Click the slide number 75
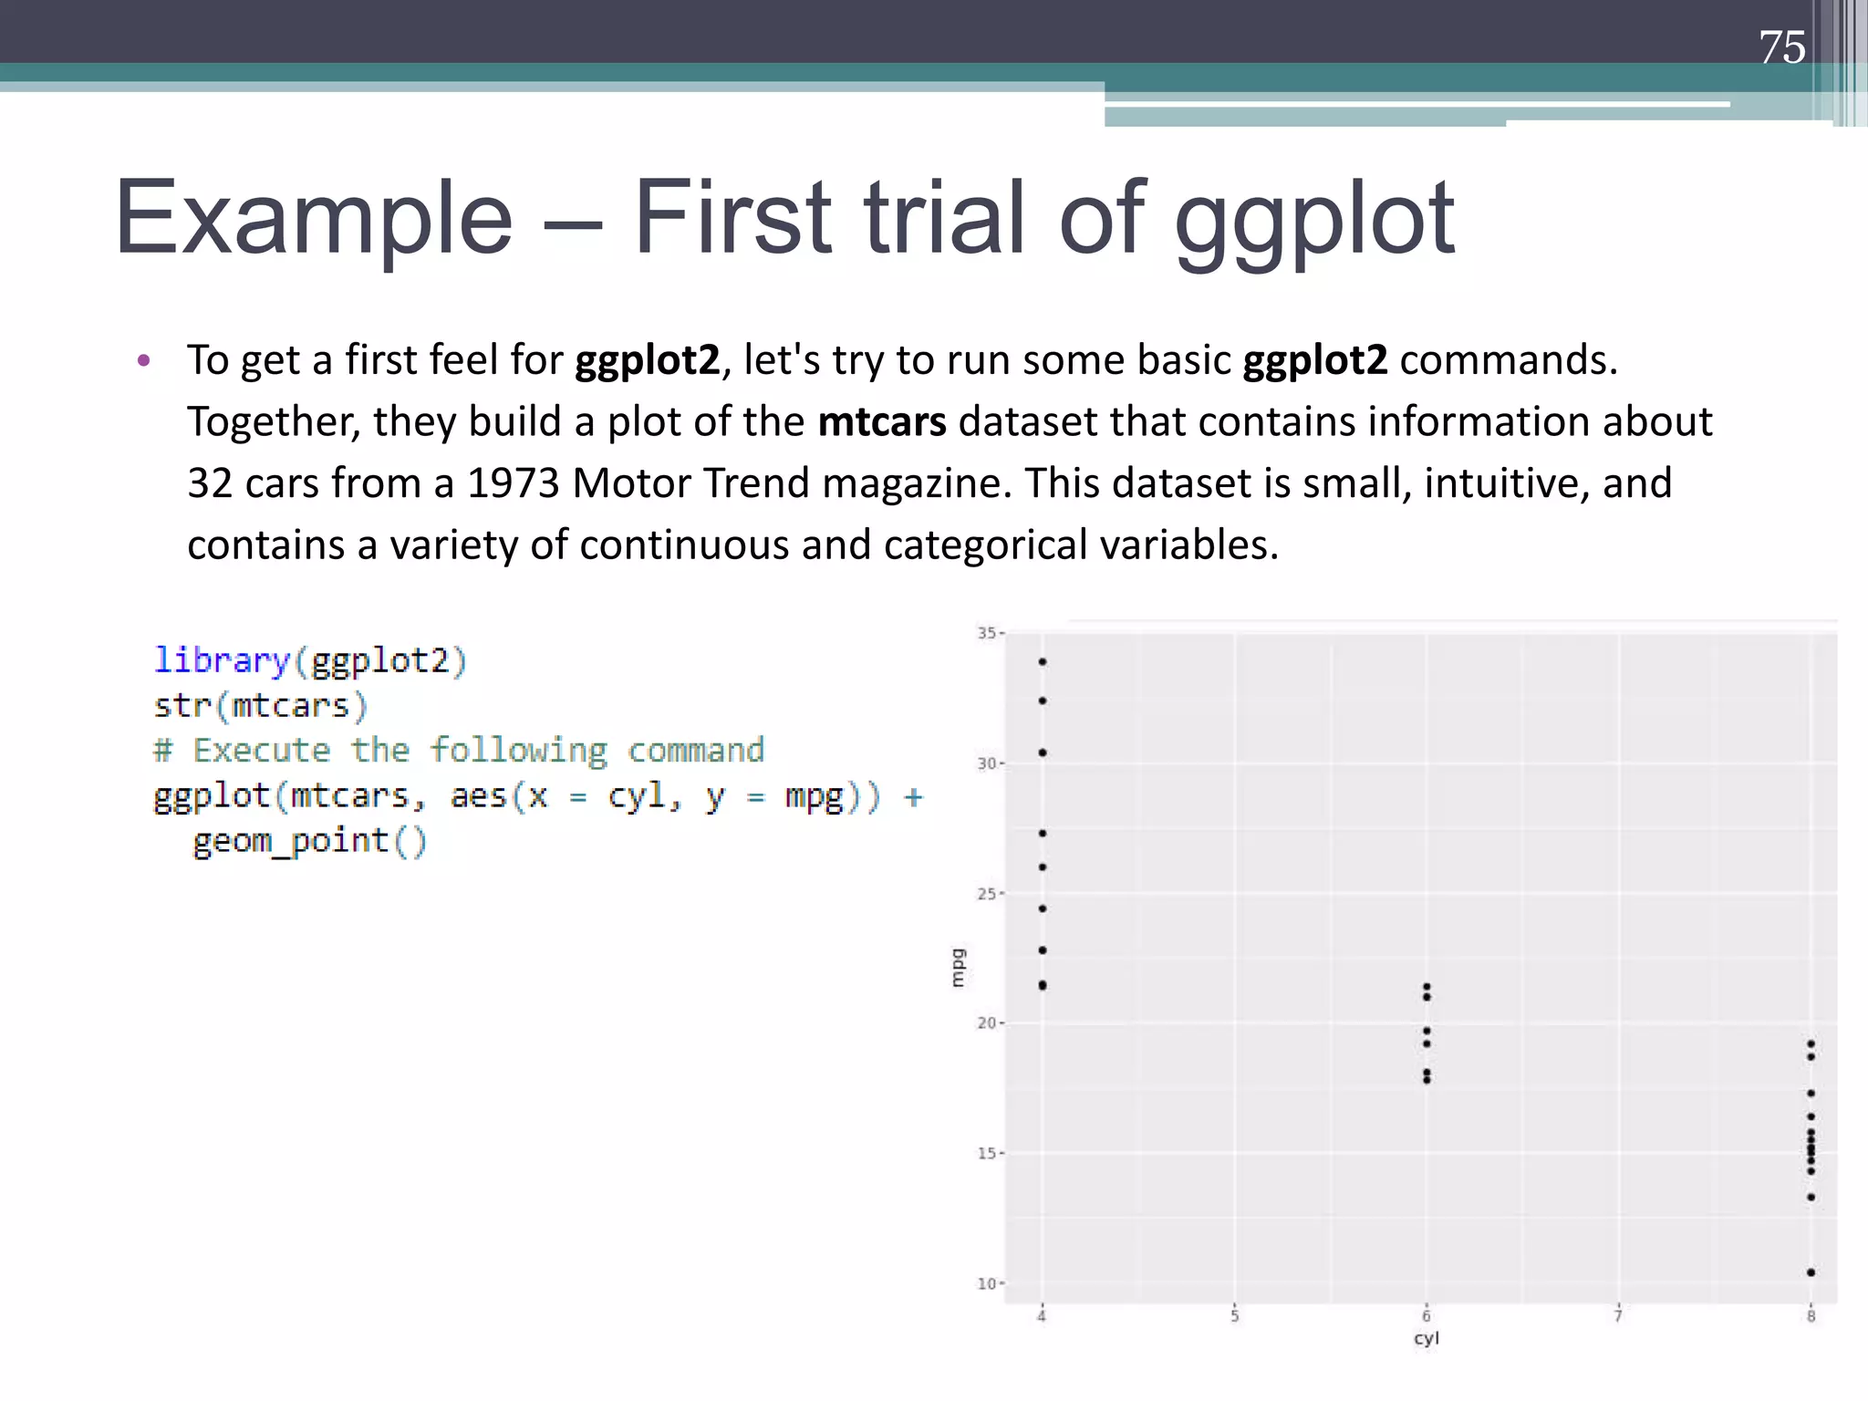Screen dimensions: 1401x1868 pos(1781,47)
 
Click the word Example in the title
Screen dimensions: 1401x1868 pos(314,219)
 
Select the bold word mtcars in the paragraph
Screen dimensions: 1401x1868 pos(881,422)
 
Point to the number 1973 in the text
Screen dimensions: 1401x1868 pos(512,483)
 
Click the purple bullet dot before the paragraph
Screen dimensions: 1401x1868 pos(143,361)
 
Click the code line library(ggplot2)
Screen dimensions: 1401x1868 pos(310,660)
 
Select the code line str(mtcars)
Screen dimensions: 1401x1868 pos(261,706)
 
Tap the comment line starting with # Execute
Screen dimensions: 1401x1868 pos(459,751)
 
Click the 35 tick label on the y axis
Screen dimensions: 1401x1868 pos(987,633)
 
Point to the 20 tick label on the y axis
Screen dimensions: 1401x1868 pos(987,1023)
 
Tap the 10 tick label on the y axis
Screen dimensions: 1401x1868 pos(987,1284)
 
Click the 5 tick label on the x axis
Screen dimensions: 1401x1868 pos(1234,1316)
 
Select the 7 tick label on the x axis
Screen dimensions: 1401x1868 pos(1618,1316)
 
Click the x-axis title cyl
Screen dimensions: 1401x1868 pos(1426,1339)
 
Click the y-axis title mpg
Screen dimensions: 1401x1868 pos(957,968)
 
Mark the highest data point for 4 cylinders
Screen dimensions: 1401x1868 pos(1043,662)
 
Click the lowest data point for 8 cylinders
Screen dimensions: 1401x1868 pos(1811,1272)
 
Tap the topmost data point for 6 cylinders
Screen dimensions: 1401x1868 pos(1427,987)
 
